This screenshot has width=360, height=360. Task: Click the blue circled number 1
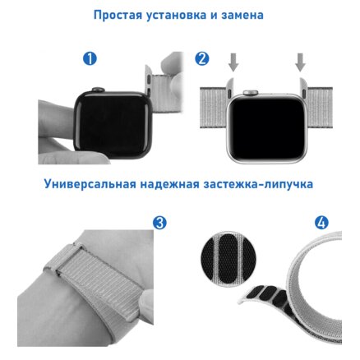click(x=90, y=58)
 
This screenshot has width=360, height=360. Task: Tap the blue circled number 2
click(x=202, y=58)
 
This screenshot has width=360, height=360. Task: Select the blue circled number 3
click(x=159, y=223)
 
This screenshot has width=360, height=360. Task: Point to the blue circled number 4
click(x=321, y=222)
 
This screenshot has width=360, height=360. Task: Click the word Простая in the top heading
click(x=118, y=15)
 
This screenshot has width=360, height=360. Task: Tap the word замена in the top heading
click(x=242, y=16)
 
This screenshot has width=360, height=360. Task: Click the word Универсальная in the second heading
click(x=90, y=184)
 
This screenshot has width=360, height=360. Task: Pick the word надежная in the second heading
click(x=170, y=184)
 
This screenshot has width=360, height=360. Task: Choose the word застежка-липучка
click(x=258, y=184)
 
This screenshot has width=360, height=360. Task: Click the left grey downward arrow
click(x=233, y=62)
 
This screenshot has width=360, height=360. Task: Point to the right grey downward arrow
click(x=300, y=62)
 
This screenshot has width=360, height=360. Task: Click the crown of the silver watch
click(x=249, y=93)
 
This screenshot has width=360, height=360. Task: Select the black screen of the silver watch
click(x=267, y=128)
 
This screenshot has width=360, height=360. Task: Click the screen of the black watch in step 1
click(x=113, y=125)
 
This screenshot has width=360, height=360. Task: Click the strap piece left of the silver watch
click(x=214, y=108)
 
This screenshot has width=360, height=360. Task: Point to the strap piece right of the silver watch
click(x=320, y=108)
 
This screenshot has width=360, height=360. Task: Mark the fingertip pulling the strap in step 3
click(x=146, y=302)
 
